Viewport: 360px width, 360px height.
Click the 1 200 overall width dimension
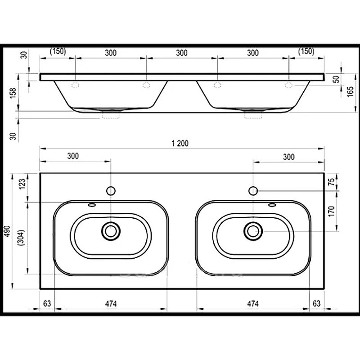pyautogui.click(x=180, y=144)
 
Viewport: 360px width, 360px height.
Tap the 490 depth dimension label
pyautogui.click(x=7, y=231)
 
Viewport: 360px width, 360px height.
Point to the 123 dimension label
pyautogui.click(x=22, y=184)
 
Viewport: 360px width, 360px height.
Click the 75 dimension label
pyautogui.click(x=331, y=182)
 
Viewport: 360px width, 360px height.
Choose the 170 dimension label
pyautogui.click(x=331, y=211)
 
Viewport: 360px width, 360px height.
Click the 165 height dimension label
pyautogui.click(x=351, y=92)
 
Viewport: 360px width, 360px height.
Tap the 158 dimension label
pyautogui.click(x=13, y=93)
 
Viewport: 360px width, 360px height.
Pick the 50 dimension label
pyautogui.click(x=336, y=80)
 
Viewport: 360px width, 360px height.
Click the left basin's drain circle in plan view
pyautogui.click(x=111, y=231)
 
